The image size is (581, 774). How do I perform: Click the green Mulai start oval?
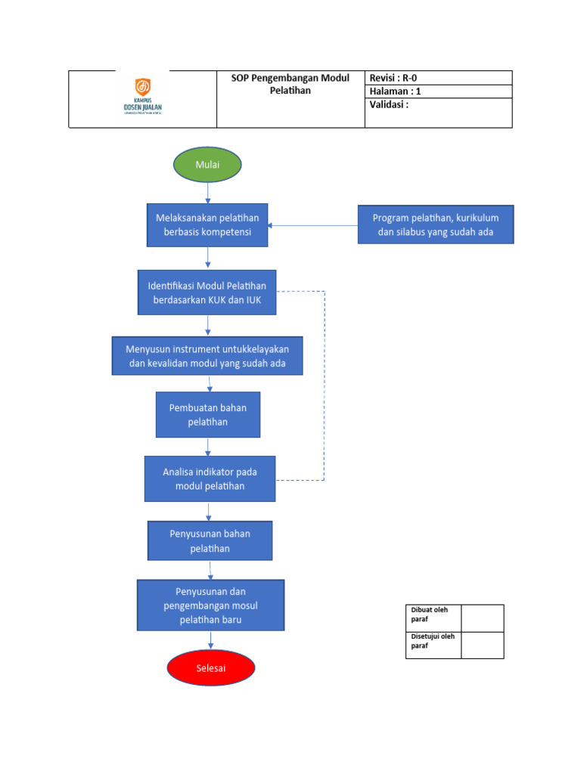click(x=207, y=164)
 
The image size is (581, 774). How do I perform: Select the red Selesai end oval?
click(x=211, y=668)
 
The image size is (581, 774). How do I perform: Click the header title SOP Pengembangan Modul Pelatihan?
click(x=290, y=85)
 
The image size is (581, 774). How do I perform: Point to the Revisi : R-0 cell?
click(x=438, y=78)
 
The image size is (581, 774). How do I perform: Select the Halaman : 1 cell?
click(x=438, y=91)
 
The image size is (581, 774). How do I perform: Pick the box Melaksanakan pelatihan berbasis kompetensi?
click(x=207, y=224)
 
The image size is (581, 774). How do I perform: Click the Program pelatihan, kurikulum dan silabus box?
click(x=435, y=224)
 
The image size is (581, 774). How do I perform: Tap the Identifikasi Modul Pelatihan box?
click(x=207, y=292)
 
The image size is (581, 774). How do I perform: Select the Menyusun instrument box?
click(x=207, y=356)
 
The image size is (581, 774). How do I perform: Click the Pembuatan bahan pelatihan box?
click(x=207, y=414)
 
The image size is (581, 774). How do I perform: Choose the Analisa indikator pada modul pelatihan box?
click(x=210, y=478)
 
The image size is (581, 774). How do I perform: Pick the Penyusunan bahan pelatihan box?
click(x=210, y=540)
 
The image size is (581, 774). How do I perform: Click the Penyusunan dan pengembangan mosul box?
click(x=210, y=605)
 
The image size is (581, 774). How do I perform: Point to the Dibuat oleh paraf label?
click(x=433, y=618)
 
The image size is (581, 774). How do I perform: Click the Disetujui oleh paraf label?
click(x=433, y=645)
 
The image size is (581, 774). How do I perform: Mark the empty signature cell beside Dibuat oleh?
click(x=482, y=618)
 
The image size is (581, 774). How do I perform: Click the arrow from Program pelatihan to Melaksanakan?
click(x=312, y=225)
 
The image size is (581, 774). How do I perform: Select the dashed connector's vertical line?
click(x=325, y=385)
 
